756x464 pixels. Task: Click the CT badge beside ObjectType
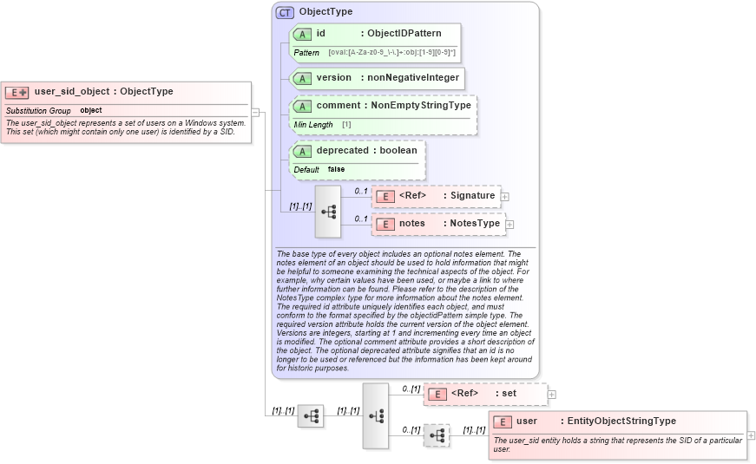pos(285,12)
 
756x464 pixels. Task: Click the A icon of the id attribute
pos(302,34)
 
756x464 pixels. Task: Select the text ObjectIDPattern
pos(404,34)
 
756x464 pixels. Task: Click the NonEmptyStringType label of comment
pos(421,106)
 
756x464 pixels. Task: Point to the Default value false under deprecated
pos(336,169)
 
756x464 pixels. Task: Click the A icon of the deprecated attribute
pos(302,151)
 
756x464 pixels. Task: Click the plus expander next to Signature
pos(505,197)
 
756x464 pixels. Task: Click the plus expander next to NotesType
pos(509,225)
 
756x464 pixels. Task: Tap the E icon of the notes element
pos(385,224)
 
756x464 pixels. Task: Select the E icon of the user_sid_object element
pos(16,92)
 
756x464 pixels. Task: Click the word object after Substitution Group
pos(91,111)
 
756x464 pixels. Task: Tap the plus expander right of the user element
pos(751,435)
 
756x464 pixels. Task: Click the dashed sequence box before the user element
pos(437,435)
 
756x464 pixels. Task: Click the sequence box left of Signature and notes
pos(328,211)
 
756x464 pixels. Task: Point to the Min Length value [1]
pos(345,125)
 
